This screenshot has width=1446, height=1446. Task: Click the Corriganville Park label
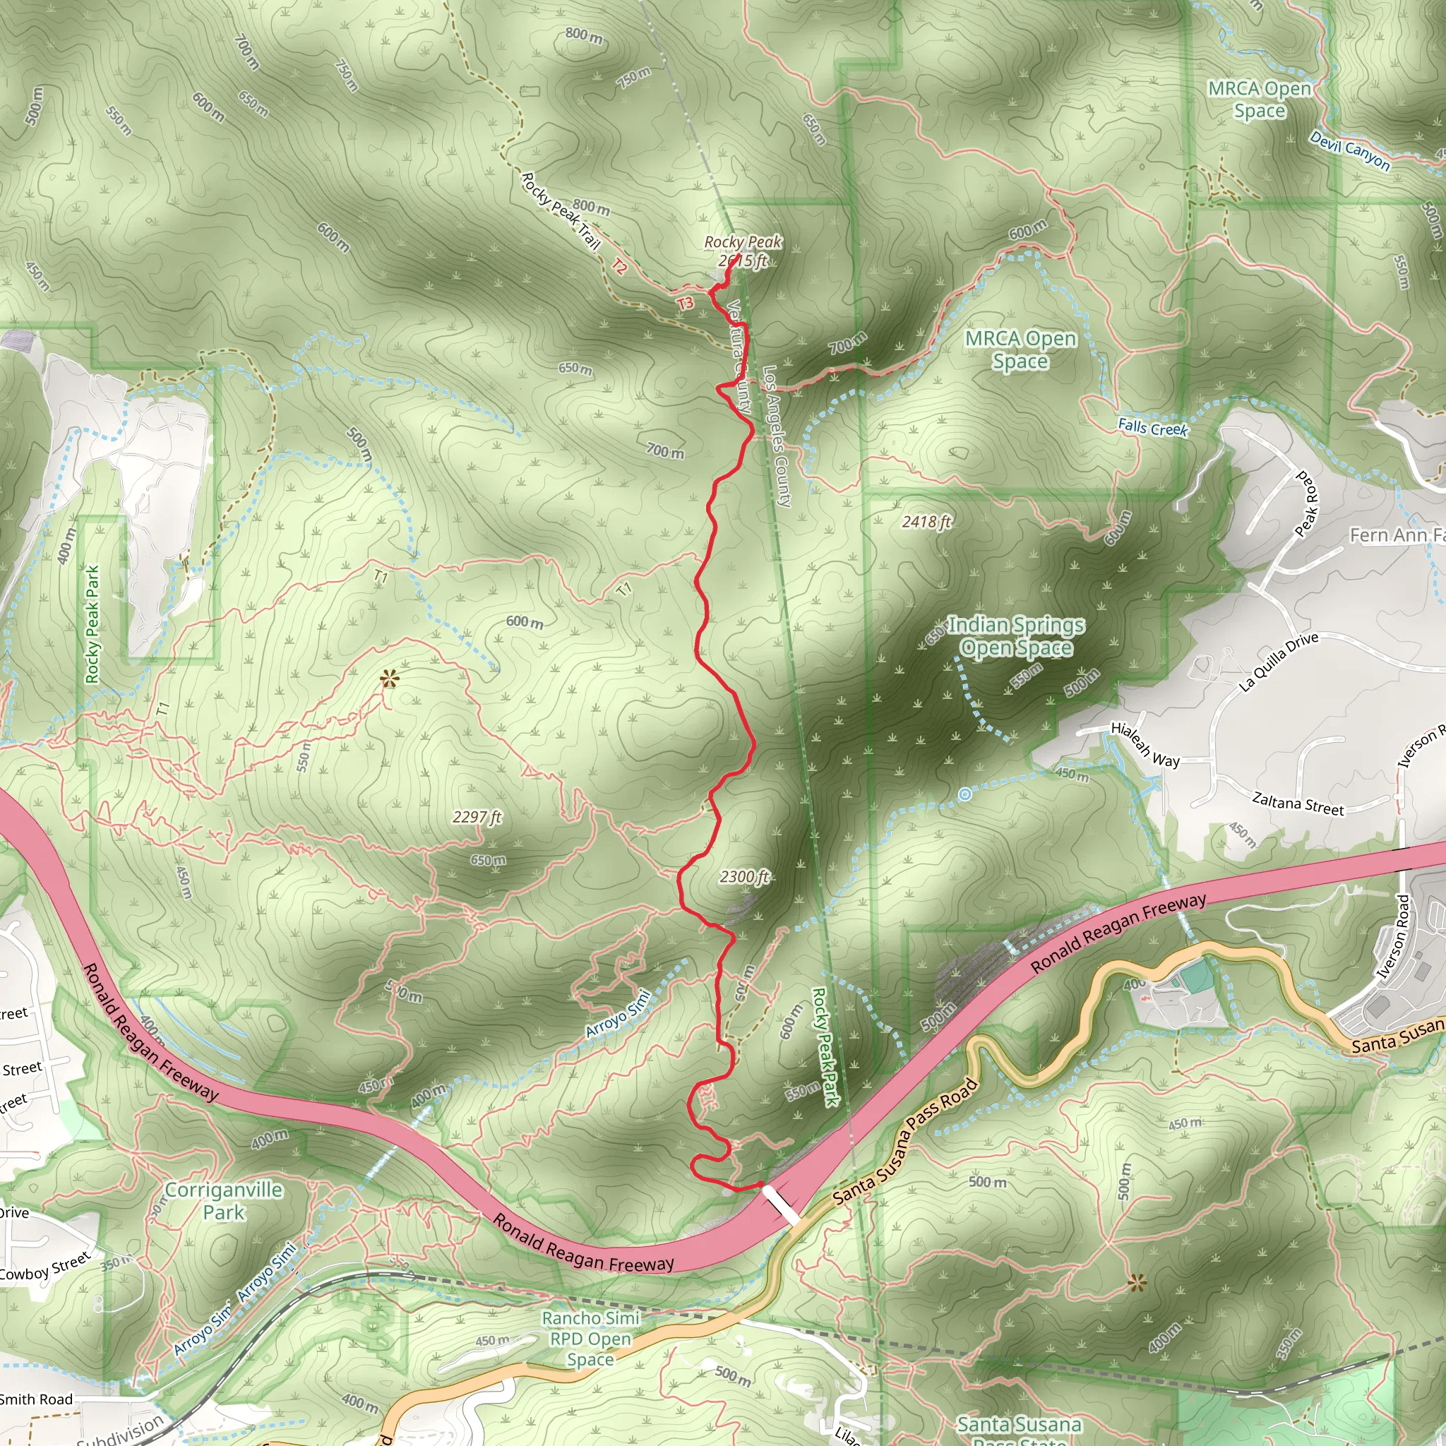223,1200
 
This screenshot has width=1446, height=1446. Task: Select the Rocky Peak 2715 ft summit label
743,251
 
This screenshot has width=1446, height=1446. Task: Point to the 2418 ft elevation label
926,522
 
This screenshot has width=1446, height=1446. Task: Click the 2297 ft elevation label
477,817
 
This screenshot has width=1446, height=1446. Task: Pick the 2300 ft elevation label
744,876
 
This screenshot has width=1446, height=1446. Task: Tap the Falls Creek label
1152,428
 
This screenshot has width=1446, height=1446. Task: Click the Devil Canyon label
1349,150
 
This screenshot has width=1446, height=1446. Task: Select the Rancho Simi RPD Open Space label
590,1338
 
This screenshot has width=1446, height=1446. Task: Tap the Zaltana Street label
1298,803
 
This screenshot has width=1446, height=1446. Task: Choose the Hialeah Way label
1145,745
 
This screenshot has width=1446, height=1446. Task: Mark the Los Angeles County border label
777,437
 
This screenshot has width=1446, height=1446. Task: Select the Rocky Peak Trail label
561,211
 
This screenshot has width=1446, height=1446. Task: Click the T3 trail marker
686,303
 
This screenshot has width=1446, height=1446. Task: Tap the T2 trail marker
619,265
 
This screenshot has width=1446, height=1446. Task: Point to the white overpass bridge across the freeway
780,1205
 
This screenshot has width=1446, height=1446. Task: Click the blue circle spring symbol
965,794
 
